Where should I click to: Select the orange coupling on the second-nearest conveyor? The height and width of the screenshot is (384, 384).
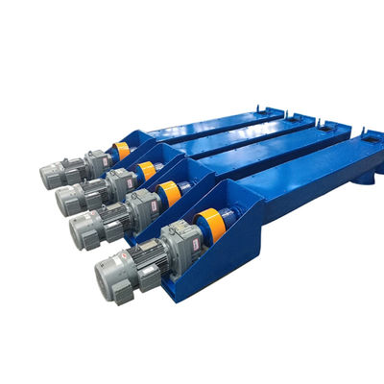click(x=170, y=193)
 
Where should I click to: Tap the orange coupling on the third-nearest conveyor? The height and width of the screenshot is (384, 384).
click(x=146, y=171)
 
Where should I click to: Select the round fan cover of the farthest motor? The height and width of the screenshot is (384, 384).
click(x=48, y=176)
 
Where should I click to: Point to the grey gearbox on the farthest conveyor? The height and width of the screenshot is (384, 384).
click(x=97, y=161)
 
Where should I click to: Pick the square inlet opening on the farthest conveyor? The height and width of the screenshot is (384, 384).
click(x=273, y=111)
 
